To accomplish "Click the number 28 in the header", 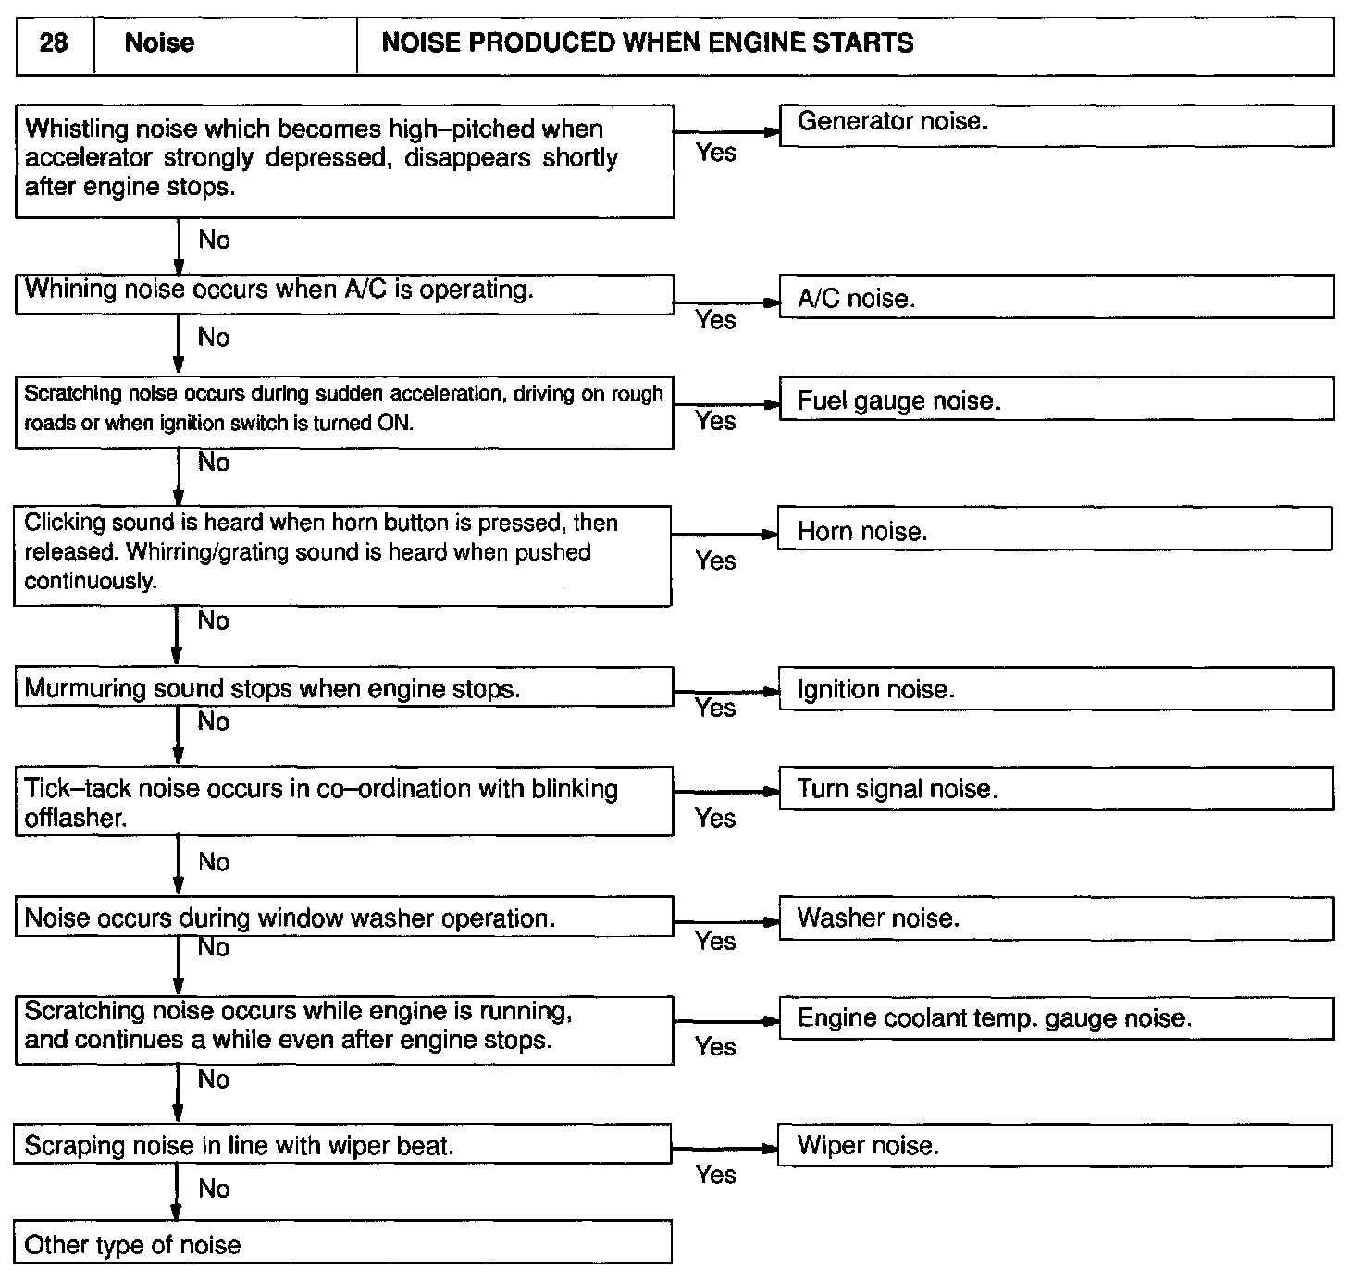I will click(x=54, y=43).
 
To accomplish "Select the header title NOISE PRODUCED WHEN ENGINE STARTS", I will click(x=647, y=43).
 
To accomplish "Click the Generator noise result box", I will click(x=1056, y=125).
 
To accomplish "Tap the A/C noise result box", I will click(x=1056, y=297).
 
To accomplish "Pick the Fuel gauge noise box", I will click(x=1056, y=400).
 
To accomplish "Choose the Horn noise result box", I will click(x=1054, y=529).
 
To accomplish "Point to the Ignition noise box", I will click(x=1056, y=689).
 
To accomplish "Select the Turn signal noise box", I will click(x=1056, y=789).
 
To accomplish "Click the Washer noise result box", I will click(x=1056, y=918).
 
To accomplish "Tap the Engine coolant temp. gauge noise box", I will click(x=1056, y=1018).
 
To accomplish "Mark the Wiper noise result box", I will click(x=1056, y=1145).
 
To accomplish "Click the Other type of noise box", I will click(x=342, y=1243).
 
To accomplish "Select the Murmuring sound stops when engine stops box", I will click(x=343, y=688).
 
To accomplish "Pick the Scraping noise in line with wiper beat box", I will click(x=342, y=1145).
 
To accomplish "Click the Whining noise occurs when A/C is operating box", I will click(x=343, y=293).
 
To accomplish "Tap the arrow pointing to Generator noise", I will click(x=727, y=132).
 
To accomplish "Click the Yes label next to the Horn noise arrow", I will click(x=715, y=561).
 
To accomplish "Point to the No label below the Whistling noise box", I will click(x=214, y=240).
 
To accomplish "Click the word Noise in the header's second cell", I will click(x=159, y=43).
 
